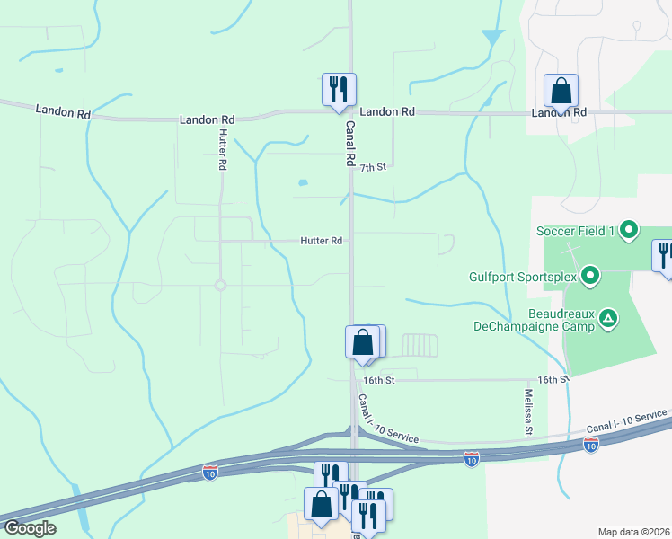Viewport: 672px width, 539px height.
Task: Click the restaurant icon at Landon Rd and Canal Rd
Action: (339, 90)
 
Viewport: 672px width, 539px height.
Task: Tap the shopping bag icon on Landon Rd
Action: (561, 92)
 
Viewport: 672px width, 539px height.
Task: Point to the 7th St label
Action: (373, 167)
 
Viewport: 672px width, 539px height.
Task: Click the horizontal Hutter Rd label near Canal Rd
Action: (322, 241)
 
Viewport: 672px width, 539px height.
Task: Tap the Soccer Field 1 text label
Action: (575, 231)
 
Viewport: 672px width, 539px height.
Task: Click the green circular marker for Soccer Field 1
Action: (629, 231)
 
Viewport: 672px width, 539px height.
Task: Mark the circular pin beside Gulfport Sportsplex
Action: (589, 275)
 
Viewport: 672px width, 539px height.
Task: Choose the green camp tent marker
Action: (609, 317)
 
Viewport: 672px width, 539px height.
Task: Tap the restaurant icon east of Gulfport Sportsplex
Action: (664, 256)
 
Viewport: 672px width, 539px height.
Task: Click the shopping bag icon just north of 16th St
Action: (362, 342)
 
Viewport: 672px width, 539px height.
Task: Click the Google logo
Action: (29, 527)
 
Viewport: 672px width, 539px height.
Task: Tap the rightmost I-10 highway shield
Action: (590, 446)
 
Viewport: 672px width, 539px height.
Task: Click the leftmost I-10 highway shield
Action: (209, 473)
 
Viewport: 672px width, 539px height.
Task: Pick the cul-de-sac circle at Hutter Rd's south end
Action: (219, 286)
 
